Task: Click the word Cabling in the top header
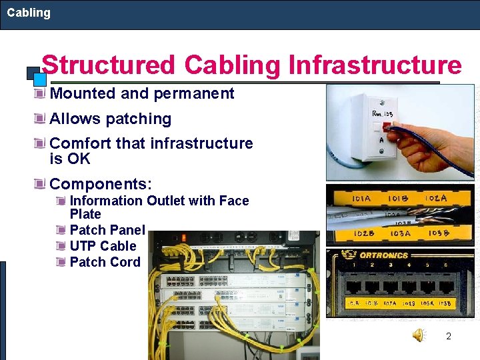[29, 13]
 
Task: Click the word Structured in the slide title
[108, 65]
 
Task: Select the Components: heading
[101, 183]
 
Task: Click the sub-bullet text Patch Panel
[107, 230]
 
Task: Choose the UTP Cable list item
[103, 246]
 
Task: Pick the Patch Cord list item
[105, 262]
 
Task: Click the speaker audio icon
[418, 335]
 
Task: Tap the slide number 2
[449, 336]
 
